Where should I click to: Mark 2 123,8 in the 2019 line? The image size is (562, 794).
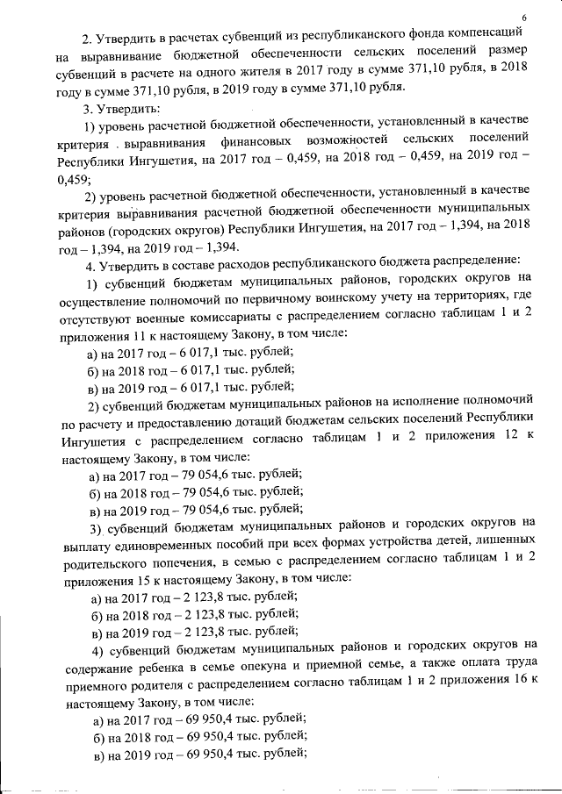[x=198, y=632]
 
